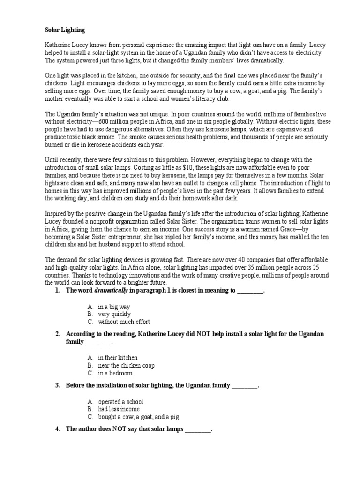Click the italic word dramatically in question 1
pos(111,291)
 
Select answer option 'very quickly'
pos(114,314)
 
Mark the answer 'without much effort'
pos(124,322)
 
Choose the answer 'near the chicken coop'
pos(126,365)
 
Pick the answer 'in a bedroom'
pos(115,373)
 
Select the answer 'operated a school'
pos(120,401)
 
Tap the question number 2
pos(57,334)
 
